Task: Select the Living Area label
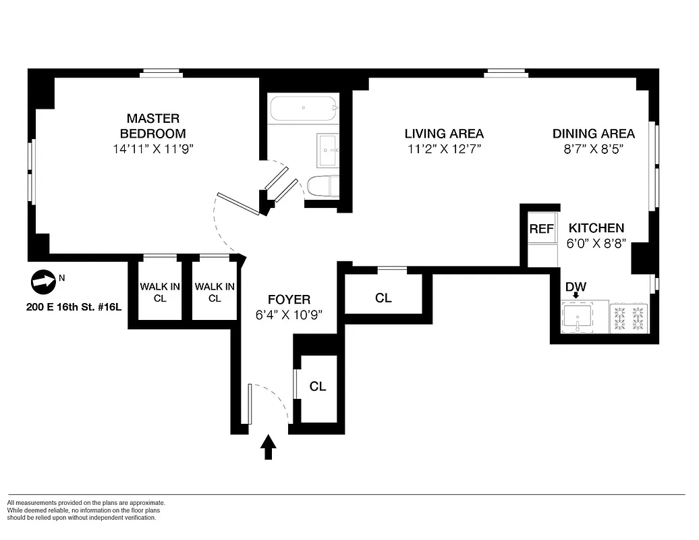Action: tap(444, 134)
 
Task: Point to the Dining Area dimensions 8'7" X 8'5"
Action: tap(593, 150)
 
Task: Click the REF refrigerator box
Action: tap(541, 229)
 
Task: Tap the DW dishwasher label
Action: tap(575, 288)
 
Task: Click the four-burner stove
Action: tap(629, 318)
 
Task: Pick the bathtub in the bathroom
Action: tap(303, 108)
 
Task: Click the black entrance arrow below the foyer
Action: tap(269, 447)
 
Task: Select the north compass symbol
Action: tap(43, 282)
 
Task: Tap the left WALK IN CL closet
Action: tap(160, 292)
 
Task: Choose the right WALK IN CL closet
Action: tap(215, 292)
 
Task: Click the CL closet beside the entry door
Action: tap(318, 387)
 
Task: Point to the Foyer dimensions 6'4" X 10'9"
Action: tap(289, 315)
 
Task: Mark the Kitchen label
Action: tap(596, 228)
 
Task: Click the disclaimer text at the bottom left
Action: tap(86, 510)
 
